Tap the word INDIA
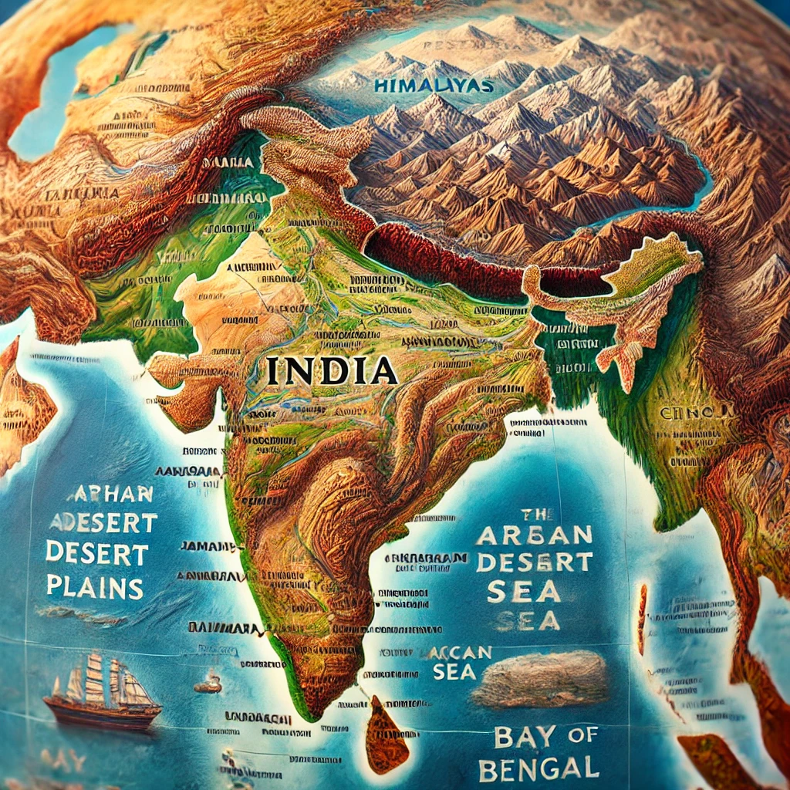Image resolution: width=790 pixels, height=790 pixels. (332, 371)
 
